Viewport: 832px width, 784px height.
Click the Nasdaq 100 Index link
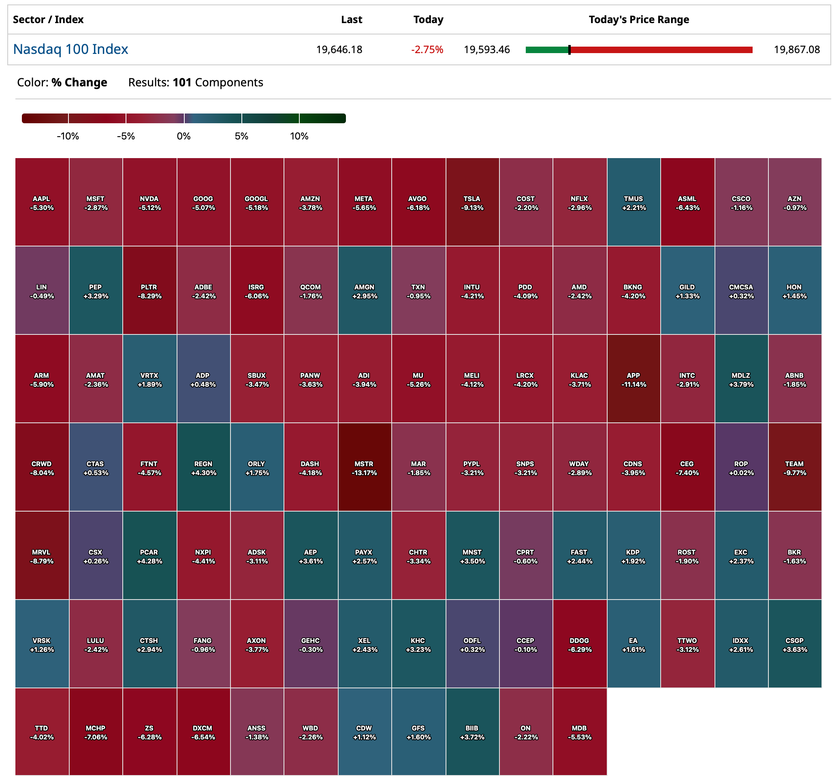point(70,49)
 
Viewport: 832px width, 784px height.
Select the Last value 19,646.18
point(339,49)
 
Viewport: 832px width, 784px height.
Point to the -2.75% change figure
point(427,49)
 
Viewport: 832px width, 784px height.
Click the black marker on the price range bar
point(569,50)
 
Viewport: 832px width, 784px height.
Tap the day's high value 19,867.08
point(796,49)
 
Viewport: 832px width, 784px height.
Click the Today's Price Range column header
point(639,20)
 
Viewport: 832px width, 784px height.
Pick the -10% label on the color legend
point(68,136)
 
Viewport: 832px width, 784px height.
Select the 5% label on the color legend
point(241,136)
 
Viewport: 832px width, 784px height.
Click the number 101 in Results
point(182,83)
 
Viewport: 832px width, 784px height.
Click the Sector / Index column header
point(48,20)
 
